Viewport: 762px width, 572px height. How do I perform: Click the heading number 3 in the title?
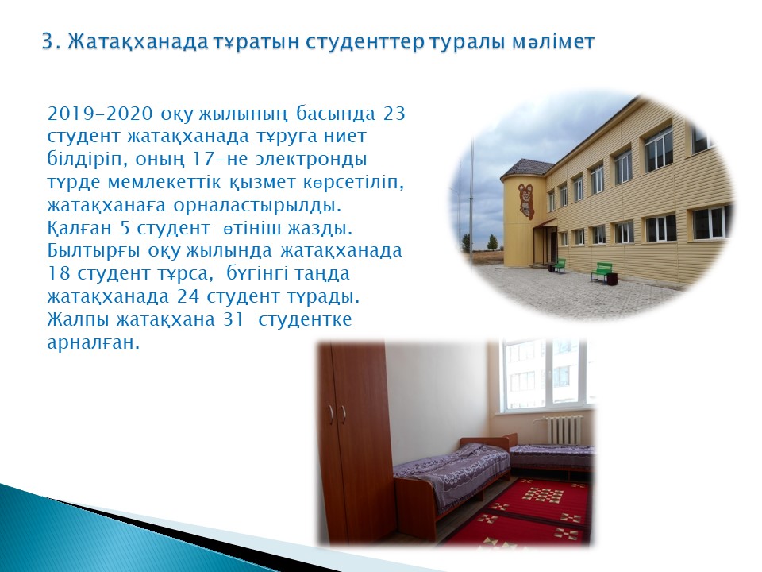click(x=46, y=42)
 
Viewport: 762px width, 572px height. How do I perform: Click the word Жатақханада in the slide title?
click(x=138, y=42)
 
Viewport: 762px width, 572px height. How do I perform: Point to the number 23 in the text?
click(x=394, y=114)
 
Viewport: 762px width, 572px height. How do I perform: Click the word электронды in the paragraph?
click(x=312, y=159)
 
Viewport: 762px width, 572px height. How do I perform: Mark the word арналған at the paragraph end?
click(x=94, y=343)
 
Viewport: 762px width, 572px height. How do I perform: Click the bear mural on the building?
click(x=525, y=200)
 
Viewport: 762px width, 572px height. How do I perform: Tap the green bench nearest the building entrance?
click(x=560, y=264)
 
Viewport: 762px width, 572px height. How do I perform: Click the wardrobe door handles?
click(x=337, y=412)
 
